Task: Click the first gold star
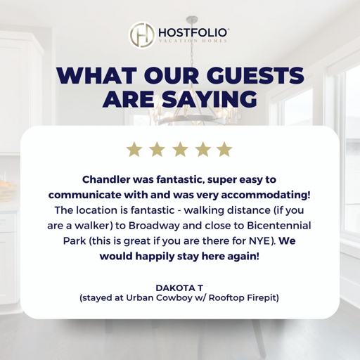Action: click(133, 150)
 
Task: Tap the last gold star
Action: click(224, 150)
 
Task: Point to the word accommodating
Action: click(270, 194)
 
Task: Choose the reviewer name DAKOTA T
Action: click(180, 287)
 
